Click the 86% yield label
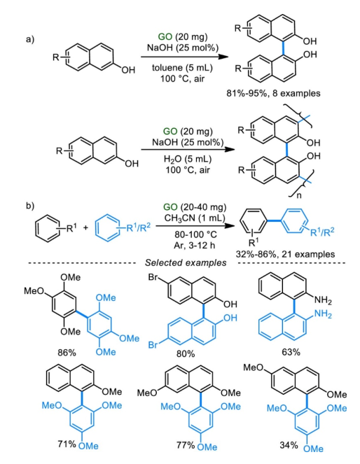[x=67, y=353]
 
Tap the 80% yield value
[x=186, y=353]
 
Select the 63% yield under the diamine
[x=291, y=352]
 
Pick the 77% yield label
[x=186, y=445]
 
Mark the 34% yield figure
[x=289, y=445]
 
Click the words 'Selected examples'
[x=186, y=262]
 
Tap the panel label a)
[x=30, y=39]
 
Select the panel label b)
[x=30, y=206]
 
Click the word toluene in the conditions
[x=167, y=68]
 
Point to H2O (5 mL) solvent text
[x=188, y=159]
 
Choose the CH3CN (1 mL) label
[x=195, y=218]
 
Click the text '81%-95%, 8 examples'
[x=273, y=94]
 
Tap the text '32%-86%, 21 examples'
[x=285, y=254]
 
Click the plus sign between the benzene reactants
[x=85, y=228]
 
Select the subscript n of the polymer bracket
[x=299, y=195]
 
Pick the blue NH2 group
[x=324, y=314]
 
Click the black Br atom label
[x=153, y=277]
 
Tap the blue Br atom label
[x=153, y=345]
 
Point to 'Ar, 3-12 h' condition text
[x=195, y=246]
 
